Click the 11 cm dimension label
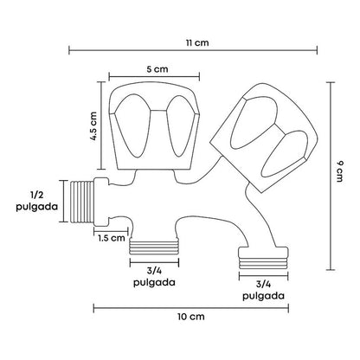197,43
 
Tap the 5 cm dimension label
157,69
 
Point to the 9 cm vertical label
340,171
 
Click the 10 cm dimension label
191,317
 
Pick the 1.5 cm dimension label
112,238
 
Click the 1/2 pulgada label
36,201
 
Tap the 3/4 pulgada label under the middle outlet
154,276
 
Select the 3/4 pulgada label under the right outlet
263,291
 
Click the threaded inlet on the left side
82,202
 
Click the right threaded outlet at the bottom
263,258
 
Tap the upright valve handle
154,126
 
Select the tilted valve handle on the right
263,138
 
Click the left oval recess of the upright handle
132,125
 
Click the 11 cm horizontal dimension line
193,50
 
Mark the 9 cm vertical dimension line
331,176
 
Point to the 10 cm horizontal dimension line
191,308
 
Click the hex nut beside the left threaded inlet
101,202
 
